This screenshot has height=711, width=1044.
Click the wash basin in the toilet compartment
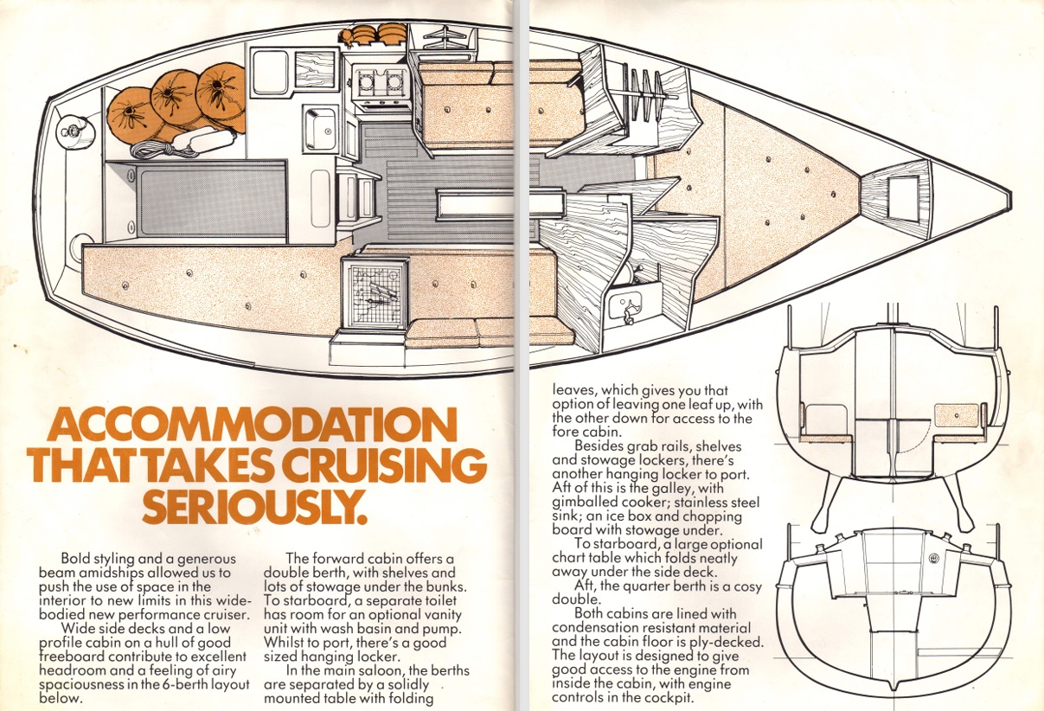tap(624, 304)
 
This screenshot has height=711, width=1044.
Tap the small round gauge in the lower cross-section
tap(934, 559)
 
